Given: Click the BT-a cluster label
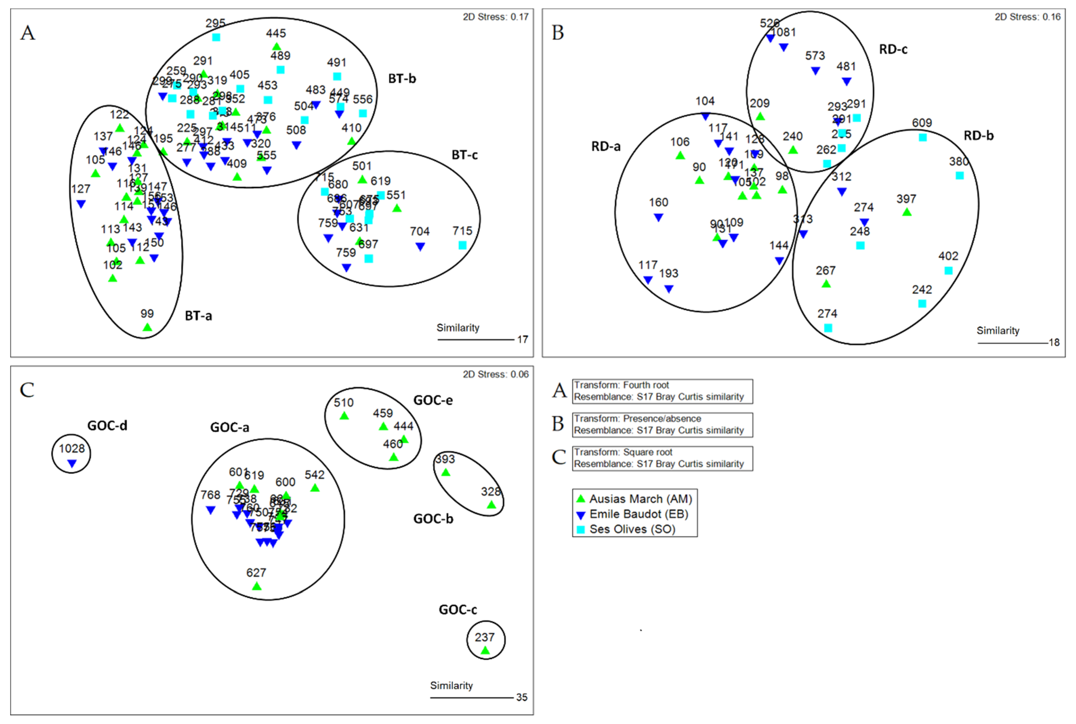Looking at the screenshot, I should click(x=198, y=316).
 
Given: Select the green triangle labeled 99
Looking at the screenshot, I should click(x=147, y=327).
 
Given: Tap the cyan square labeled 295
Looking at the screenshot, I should click(x=216, y=37).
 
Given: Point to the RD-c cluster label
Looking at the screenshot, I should click(x=893, y=49).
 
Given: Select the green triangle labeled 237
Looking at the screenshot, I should click(x=485, y=651).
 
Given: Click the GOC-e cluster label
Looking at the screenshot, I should click(x=433, y=400).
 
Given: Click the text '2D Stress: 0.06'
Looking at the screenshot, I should click(x=496, y=374).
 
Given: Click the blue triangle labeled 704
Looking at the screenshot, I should click(x=420, y=247).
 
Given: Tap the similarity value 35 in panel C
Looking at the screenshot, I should click(x=521, y=697).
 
